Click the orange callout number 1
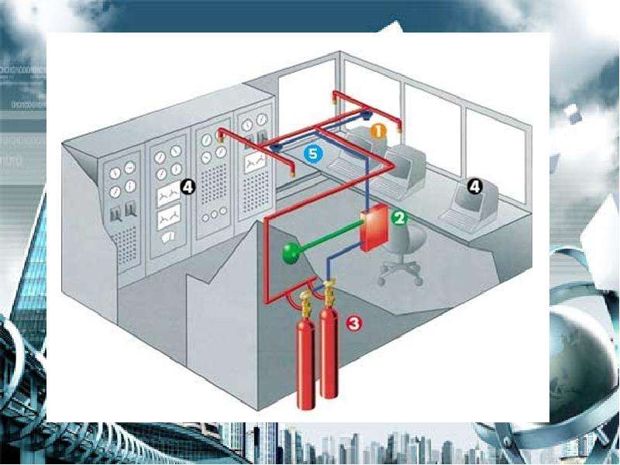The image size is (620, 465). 378,131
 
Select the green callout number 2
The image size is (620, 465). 399,218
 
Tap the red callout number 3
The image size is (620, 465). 354,323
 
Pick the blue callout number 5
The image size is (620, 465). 313,153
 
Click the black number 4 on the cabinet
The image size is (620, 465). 188,187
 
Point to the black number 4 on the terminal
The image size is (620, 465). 474,186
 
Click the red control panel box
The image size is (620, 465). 374,227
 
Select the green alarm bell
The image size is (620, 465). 291,253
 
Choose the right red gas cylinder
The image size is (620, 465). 329,352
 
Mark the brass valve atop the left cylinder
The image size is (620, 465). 306,301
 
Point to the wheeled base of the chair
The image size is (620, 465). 400,274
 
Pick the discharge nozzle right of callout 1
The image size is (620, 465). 400,127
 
